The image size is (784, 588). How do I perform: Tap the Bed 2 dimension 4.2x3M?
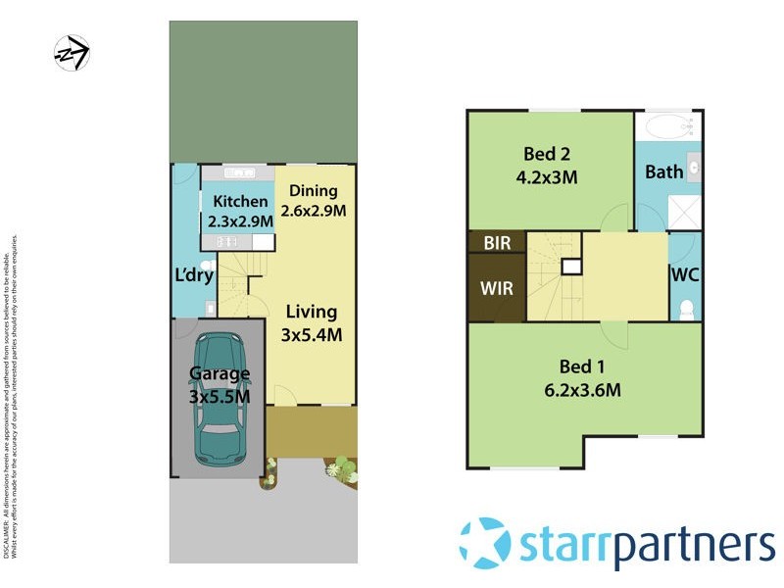click(x=547, y=177)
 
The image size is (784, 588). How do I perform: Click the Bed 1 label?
click(x=583, y=367)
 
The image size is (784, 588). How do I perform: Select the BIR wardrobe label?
click(x=497, y=243)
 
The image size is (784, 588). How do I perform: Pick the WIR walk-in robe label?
click(x=496, y=289)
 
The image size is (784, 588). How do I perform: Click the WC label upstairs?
click(x=686, y=275)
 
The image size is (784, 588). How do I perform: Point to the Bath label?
click(x=663, y=172)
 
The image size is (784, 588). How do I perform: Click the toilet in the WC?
click(x=686, y=309)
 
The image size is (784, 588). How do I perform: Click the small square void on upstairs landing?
click(x=569, y=267)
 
